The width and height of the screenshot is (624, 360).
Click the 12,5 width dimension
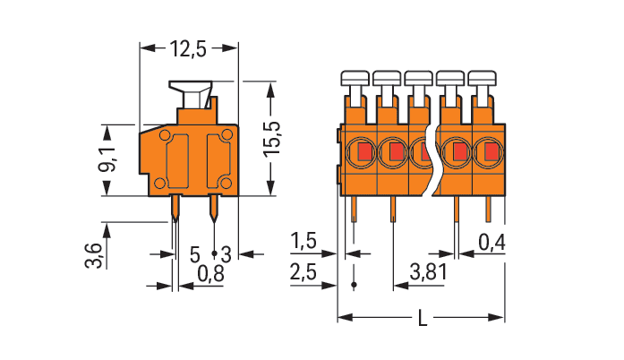tap(188, 50)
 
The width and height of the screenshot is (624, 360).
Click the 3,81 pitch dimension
tap(428, 270)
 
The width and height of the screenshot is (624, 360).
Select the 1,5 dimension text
tap(304, 241)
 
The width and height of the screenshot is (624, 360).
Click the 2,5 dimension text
tap(304, 270)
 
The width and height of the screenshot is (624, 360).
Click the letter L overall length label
tap(422, 319)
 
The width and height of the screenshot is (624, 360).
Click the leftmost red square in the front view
tap(364, 153)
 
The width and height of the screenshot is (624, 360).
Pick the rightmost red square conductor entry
tap(491, 153)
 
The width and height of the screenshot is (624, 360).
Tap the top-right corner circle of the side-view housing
tap(227, 135)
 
